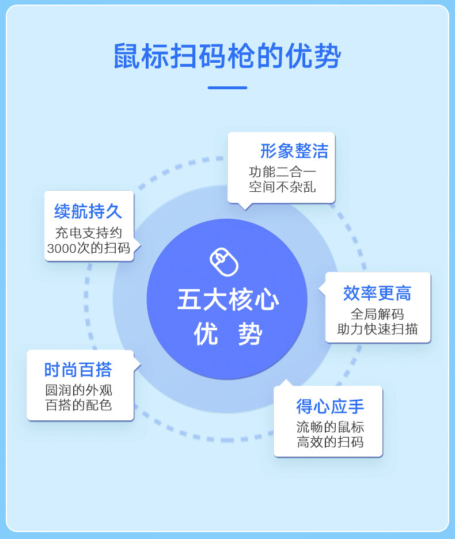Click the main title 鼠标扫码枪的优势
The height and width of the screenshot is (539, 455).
(x=227, y=56)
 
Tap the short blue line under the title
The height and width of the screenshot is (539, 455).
(x=227, y=88)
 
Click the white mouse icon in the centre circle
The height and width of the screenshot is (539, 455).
(x=224, y=263)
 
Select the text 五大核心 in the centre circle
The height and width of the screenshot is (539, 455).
(x=228, y=301)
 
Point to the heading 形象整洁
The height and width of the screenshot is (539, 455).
(x=294, y=151)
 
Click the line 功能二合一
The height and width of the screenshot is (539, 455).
(x=282, y=172)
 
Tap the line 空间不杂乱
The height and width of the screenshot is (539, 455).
(x=282, y=187)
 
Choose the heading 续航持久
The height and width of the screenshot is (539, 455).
(x=88, y=211)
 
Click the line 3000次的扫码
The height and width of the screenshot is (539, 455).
(x=88, y=248)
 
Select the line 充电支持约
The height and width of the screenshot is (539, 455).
(x=88, y=233)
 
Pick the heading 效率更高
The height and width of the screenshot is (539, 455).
(x=377, y=294)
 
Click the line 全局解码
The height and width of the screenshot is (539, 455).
(x=377, y=314)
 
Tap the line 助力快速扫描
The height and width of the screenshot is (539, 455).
(x=377, y=329)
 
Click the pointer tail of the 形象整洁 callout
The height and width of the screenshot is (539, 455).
(x=245, y=206)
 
